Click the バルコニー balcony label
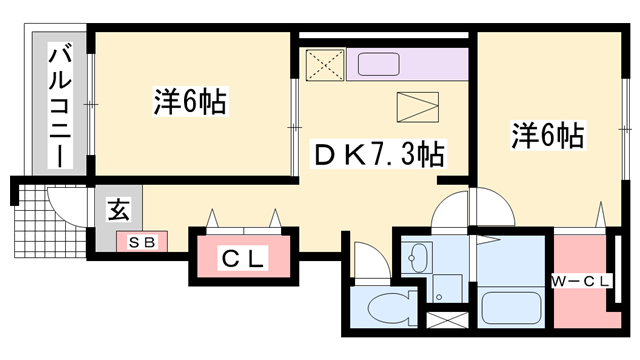coord(59,104)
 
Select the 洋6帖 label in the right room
coord(549,134)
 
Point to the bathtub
coord(511,306)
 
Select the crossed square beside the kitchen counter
coord(325,65)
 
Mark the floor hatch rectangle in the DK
coord(418,106)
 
